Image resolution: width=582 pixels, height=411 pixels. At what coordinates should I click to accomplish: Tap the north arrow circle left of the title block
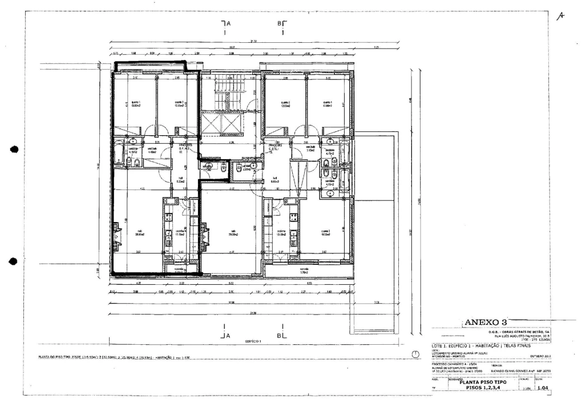pos(416,355)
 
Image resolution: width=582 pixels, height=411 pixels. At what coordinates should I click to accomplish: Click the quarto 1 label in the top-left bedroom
pos(135,103)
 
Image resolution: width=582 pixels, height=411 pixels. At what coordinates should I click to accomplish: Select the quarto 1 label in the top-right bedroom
pos(327,103)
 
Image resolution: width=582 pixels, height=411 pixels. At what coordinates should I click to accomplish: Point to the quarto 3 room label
pos(326,232)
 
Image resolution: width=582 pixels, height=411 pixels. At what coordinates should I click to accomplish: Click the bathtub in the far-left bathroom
pos(118,154)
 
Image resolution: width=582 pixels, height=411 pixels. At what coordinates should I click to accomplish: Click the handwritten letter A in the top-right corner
pos(561,17)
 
